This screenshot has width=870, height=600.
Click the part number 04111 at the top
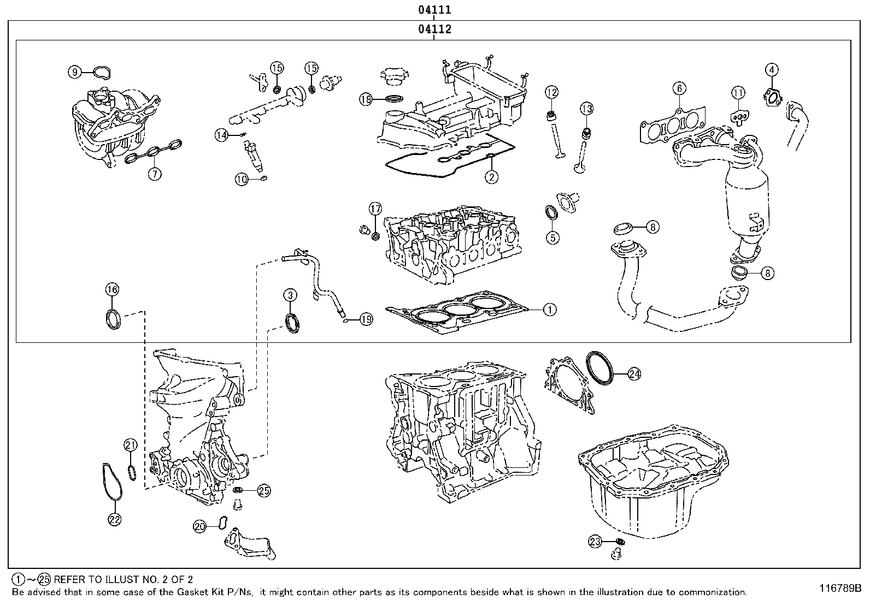434,9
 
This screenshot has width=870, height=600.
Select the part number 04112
434,29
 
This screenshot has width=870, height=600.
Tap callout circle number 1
549,310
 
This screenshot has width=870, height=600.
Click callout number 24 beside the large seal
634,374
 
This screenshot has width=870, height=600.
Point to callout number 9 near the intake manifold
75,72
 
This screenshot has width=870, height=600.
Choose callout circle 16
112,289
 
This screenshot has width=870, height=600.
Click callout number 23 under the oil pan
595,542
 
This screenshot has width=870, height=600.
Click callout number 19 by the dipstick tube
366,319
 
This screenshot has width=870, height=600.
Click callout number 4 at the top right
771,69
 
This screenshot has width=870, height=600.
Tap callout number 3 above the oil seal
290,295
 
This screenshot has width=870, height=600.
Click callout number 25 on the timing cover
264,491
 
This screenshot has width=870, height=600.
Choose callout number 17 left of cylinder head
375,208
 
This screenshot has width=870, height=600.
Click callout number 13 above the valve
586,109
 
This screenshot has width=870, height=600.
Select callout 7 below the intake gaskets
155,174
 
